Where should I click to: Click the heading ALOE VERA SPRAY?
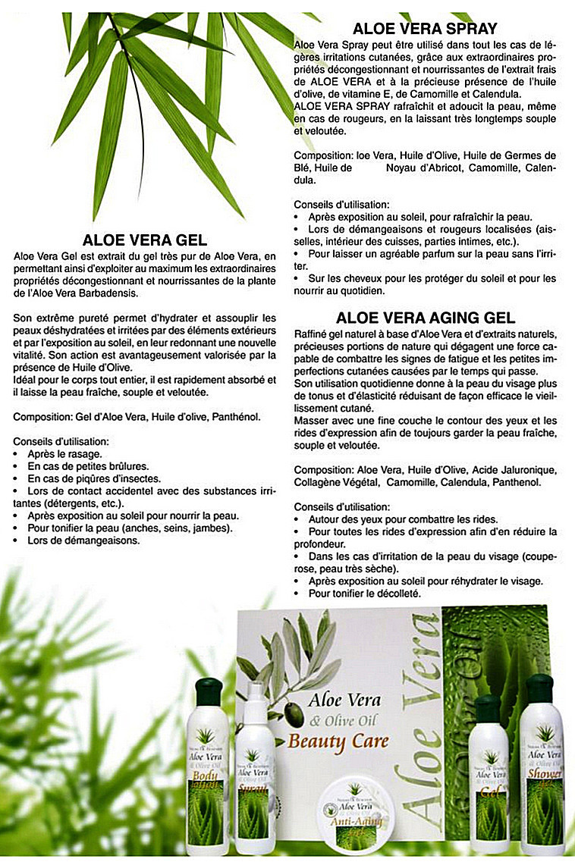(425, 30)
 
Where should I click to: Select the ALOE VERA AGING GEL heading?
(426, 318)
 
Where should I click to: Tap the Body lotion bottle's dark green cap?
(208, 691)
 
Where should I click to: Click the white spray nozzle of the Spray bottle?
(255, 692)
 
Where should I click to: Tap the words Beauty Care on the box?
(338, 741)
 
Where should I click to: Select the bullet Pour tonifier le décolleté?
(364, 594)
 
